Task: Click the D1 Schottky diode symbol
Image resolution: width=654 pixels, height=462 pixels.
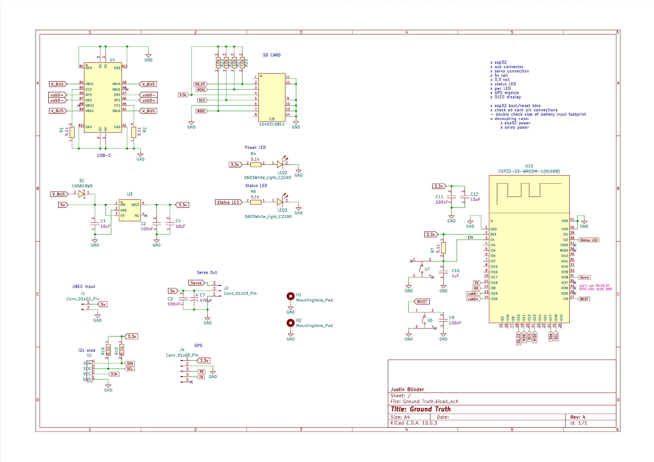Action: [82, 194]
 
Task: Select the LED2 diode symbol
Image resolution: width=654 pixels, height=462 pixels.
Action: [280, 164]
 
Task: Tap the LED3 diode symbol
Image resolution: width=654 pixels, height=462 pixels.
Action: [280, 202]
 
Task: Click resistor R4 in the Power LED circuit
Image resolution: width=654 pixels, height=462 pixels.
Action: [256, 165]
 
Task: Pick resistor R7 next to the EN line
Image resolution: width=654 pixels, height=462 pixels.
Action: [444, 248]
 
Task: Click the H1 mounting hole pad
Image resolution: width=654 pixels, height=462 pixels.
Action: [291, 296]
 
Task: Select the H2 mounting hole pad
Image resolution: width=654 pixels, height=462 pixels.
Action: [291, 323]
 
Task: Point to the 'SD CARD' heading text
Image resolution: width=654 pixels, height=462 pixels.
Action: [272, 55]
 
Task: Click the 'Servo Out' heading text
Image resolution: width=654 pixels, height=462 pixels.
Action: [207, 273]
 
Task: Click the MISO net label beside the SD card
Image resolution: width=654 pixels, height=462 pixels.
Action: [201, 111]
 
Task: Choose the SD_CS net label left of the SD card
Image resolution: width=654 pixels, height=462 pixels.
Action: [200, 84]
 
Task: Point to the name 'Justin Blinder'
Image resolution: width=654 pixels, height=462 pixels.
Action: [407, 390]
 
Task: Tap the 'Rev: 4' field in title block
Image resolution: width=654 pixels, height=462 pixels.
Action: [578, 417]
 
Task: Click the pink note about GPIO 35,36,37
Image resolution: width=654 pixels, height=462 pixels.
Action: [595, 287]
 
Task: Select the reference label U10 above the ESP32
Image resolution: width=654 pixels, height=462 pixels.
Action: [529, 166]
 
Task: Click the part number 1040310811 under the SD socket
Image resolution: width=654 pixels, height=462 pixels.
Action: [272, 124]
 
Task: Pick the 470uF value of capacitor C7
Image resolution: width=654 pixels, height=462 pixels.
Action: [206, 300]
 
